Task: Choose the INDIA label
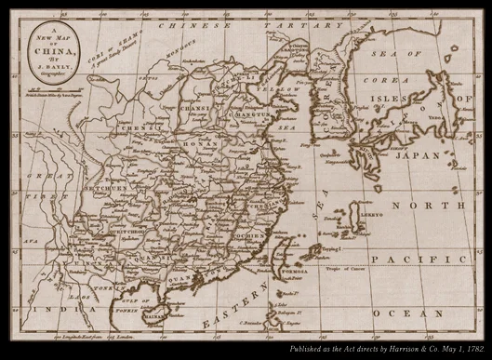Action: (42, 308)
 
